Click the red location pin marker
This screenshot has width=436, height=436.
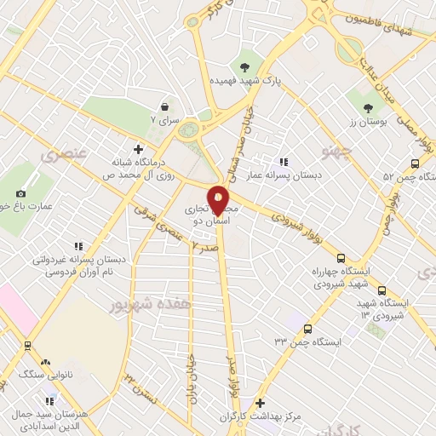coord(218,201)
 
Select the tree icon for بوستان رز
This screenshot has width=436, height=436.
coord(368,108)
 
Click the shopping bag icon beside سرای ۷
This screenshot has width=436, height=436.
coord(163,107)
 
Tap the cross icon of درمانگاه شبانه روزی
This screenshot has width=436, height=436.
coord(138,148)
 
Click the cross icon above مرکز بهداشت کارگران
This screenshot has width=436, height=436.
coord(260,403)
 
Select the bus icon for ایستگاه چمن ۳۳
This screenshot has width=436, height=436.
coord(307,329)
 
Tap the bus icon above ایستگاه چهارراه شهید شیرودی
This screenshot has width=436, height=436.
coord(341,257)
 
